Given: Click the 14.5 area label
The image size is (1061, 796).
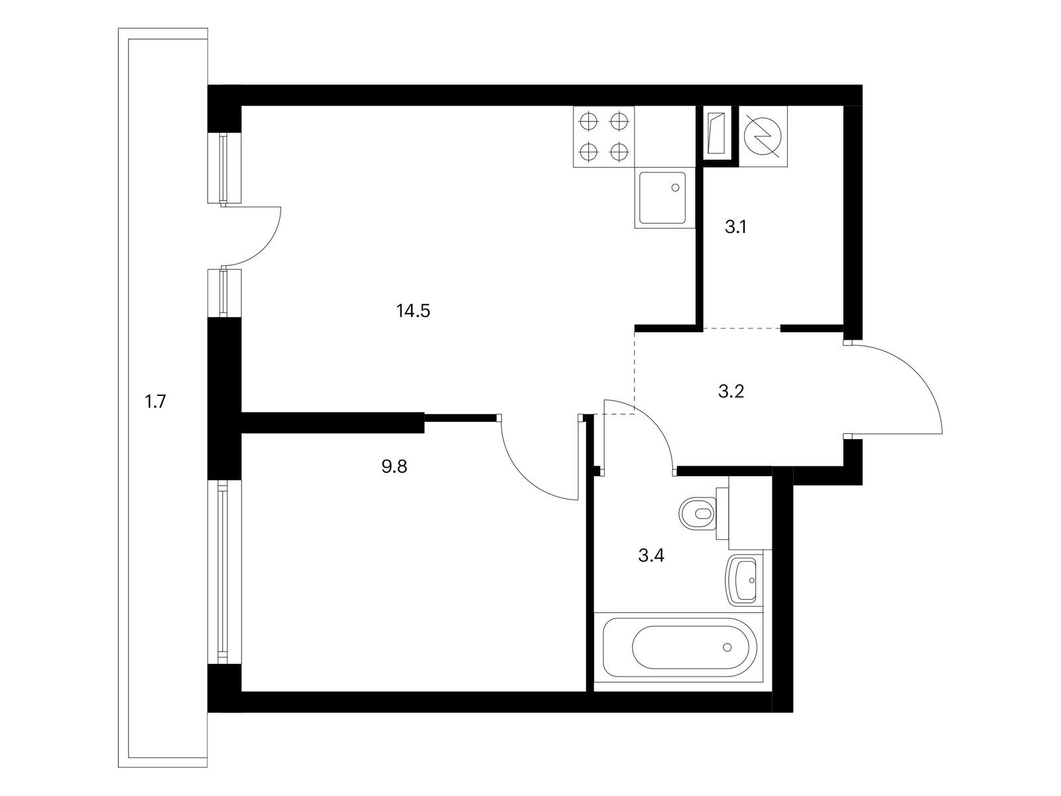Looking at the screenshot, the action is (x=413, y=310).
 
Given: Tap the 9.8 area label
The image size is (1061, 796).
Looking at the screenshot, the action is (x=395, y=467).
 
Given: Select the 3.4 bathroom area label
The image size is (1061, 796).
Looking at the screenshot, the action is (x=651, y=556).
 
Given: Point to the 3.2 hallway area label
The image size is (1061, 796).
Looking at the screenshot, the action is (x=731, y=391).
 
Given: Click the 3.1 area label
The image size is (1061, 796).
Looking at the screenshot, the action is (x=735, y=227).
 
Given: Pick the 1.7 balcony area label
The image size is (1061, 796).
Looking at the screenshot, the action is (x=156, y=401).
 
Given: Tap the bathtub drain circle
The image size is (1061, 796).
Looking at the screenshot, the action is (x=727, y=647).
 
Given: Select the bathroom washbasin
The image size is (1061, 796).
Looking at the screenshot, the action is (x=741, y=580).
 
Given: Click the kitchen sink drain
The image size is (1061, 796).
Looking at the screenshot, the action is (x=676, y=188).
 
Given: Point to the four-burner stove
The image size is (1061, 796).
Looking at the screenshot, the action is (x=603, y=137).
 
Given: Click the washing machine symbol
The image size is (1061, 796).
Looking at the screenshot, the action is (x=763, y=137).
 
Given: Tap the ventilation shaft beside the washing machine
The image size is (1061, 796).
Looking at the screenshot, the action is (x=717, y=133).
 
